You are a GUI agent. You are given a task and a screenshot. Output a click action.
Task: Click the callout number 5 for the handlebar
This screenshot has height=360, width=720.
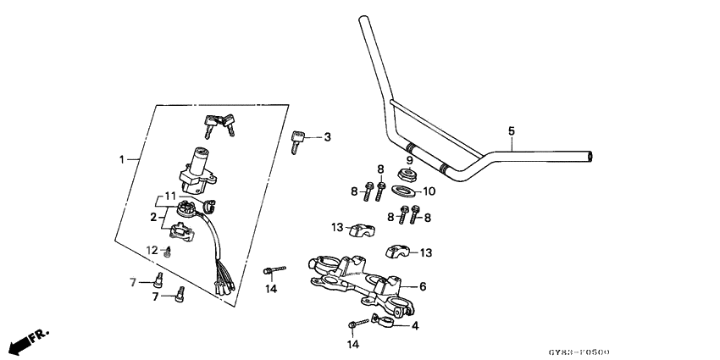pos(512,130)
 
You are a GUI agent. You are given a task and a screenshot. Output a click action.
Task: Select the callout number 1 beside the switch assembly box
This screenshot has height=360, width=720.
pos(122,159)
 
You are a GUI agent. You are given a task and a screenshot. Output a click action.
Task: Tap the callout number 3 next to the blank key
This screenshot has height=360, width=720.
pos(327,137)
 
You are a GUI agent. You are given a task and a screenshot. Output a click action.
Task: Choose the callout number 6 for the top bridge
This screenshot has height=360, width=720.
pos(423,286)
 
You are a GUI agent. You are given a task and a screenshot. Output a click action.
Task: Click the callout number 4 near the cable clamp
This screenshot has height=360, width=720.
pos(413,325)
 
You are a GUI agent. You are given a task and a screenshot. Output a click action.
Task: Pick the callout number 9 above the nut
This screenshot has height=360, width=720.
pos(408,160)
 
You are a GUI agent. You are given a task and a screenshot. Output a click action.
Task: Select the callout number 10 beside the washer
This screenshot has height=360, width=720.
pos(429,191)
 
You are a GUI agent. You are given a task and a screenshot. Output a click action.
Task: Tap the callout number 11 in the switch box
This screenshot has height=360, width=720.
pos(170,196)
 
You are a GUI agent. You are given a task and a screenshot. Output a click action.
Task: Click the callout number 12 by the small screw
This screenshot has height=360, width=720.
pos(152,250)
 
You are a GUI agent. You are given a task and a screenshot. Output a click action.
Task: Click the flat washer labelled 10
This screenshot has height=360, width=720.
pos(404,191)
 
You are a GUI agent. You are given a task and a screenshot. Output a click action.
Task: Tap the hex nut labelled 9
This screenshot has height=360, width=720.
pos(407,175)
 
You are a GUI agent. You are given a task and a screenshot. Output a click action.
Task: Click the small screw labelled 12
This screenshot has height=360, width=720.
pos(168,251)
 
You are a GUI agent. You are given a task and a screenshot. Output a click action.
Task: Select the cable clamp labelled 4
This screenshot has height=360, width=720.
pos(385,322)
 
